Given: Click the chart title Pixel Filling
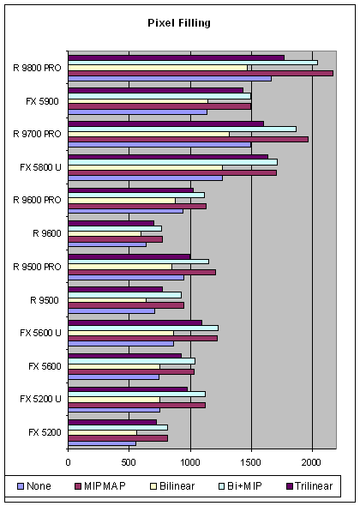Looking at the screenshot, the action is click(x=179, y=23).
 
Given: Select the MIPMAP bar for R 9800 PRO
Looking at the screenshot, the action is click(x=201, y=73).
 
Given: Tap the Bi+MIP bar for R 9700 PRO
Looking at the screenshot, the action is click(x=183, y=130).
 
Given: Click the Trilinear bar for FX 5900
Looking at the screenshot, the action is click(x=156, y=91).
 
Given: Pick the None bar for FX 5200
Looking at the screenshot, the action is click(x=102, y=443).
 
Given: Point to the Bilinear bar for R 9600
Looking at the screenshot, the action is click(x=105, y=233).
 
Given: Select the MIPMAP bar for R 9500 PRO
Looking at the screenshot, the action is click(x=142, y=273).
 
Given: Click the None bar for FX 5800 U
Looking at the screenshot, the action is click(x=146, y=178).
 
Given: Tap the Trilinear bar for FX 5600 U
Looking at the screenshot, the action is click(x=135, y=322).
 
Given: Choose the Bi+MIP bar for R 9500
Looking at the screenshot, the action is click(x=125, y=295).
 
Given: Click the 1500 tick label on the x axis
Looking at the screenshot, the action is click(x=251, y=462).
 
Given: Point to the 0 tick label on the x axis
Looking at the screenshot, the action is click(x=68, y=462).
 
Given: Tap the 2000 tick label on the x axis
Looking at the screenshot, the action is click(x=312, y=462).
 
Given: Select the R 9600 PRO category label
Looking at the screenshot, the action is click(x=37, y=200).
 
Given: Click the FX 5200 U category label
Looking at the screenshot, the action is click(x=40, y=399).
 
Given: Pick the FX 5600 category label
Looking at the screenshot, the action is click(x=45, y=366).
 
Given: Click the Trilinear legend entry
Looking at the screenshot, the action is click(x=309, y=486).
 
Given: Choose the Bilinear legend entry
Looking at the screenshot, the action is click(x=172, y=486).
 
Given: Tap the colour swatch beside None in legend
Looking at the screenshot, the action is click(x=21, y=486).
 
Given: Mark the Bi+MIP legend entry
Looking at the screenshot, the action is click(x=240, y=486).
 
